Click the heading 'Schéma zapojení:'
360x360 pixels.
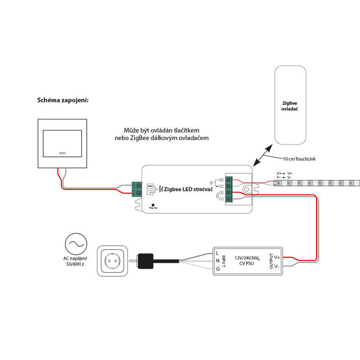tap(63, 100)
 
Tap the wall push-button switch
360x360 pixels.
tap(62, 143)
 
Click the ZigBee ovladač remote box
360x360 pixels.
tap(290, 106)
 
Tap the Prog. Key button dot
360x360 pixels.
tap(153, 205)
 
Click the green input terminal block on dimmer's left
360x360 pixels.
tap(137, 189)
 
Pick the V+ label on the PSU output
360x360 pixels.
tap(277, 257)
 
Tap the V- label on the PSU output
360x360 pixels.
tap(277, 266)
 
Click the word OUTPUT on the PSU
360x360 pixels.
tap(271, 261)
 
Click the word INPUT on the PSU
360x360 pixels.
tap(224, 261)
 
